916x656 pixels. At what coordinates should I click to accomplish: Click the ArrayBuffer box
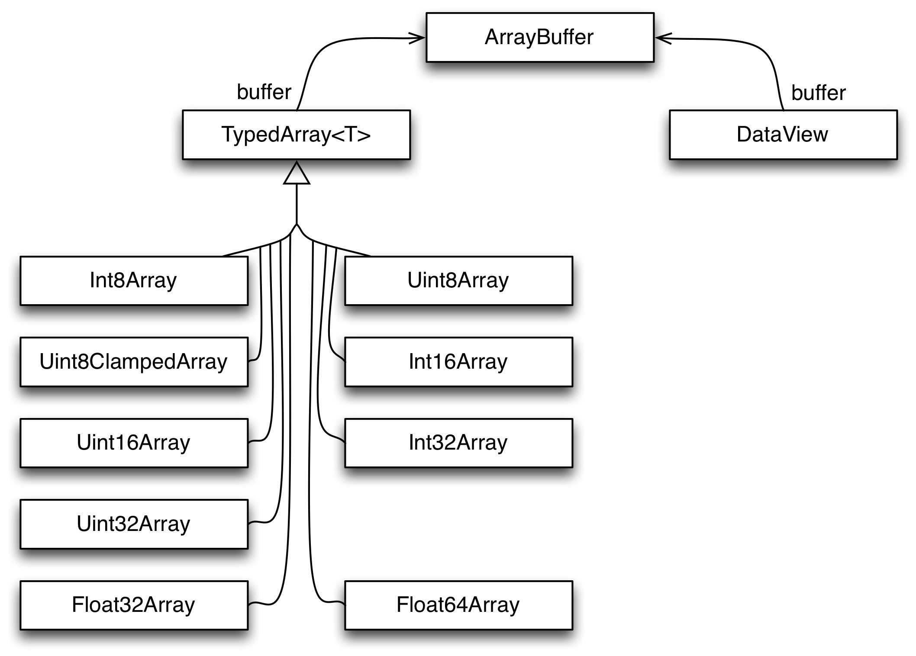tap(540, 37)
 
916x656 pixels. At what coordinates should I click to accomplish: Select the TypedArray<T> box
tap(296, 135)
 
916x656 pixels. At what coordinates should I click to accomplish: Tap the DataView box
tap(783, 135)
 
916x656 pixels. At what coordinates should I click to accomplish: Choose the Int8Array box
tap(134, 280)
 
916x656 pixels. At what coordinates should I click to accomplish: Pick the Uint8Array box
tap(458, 280)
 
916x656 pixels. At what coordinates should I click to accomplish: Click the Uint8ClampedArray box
tap(134, 362)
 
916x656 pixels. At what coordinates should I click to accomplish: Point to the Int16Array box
tap(458, 362)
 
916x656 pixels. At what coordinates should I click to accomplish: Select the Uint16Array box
tap(134, 443)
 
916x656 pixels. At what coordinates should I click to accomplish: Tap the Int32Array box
tap(458, 443)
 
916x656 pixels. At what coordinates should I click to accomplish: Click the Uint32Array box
tap(134, 524)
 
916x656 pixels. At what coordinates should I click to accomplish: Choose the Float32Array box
tap(134, 605)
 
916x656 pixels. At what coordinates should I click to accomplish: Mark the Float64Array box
tap(458, 605)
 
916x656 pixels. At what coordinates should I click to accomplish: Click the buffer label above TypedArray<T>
tap(264, 92)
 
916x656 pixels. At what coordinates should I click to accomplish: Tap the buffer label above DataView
tap(818, 93)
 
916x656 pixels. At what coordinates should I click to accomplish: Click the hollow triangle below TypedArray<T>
tap(297, 174)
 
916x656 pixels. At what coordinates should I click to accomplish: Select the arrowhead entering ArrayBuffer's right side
tap(661, 39)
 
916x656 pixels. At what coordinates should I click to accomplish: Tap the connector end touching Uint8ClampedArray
tap(250, 360)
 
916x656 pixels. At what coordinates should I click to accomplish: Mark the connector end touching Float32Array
tap(250, 603)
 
